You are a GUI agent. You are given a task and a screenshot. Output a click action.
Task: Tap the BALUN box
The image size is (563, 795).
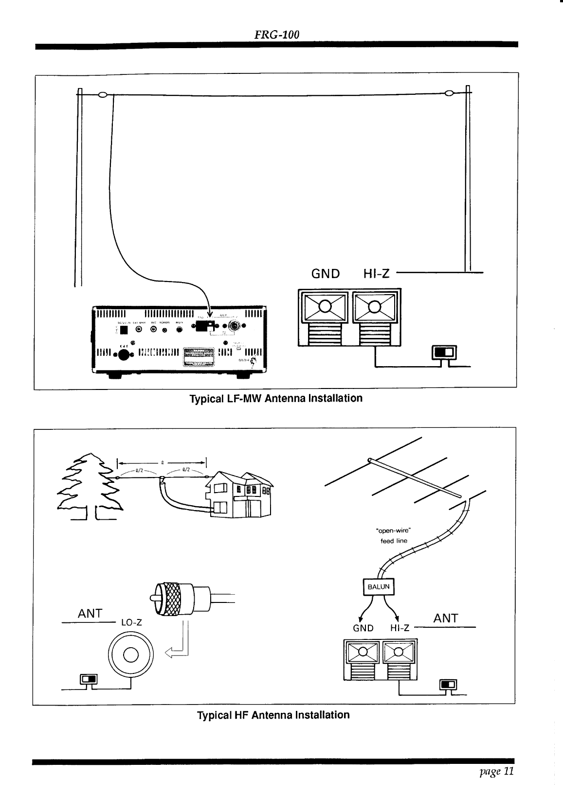tap(379, 586)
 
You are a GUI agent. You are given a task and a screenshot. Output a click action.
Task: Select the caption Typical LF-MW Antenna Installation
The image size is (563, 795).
tap(275, 399)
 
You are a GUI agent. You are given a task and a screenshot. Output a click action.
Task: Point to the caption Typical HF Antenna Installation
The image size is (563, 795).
tap(273, 715)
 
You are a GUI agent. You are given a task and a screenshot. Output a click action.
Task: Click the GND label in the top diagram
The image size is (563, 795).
tap(326, 273)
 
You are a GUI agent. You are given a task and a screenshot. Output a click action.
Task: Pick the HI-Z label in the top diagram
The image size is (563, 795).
tap(377, 273)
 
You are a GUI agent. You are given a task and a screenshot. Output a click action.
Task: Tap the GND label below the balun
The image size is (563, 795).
tap(363, 628)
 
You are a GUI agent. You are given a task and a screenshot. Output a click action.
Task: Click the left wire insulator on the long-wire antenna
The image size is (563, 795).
tap(103, 94)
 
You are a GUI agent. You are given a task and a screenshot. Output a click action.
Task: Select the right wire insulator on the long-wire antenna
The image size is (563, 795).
tap(449, 93)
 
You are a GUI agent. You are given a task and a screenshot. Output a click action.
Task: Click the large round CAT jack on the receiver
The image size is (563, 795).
tap(123, 354)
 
